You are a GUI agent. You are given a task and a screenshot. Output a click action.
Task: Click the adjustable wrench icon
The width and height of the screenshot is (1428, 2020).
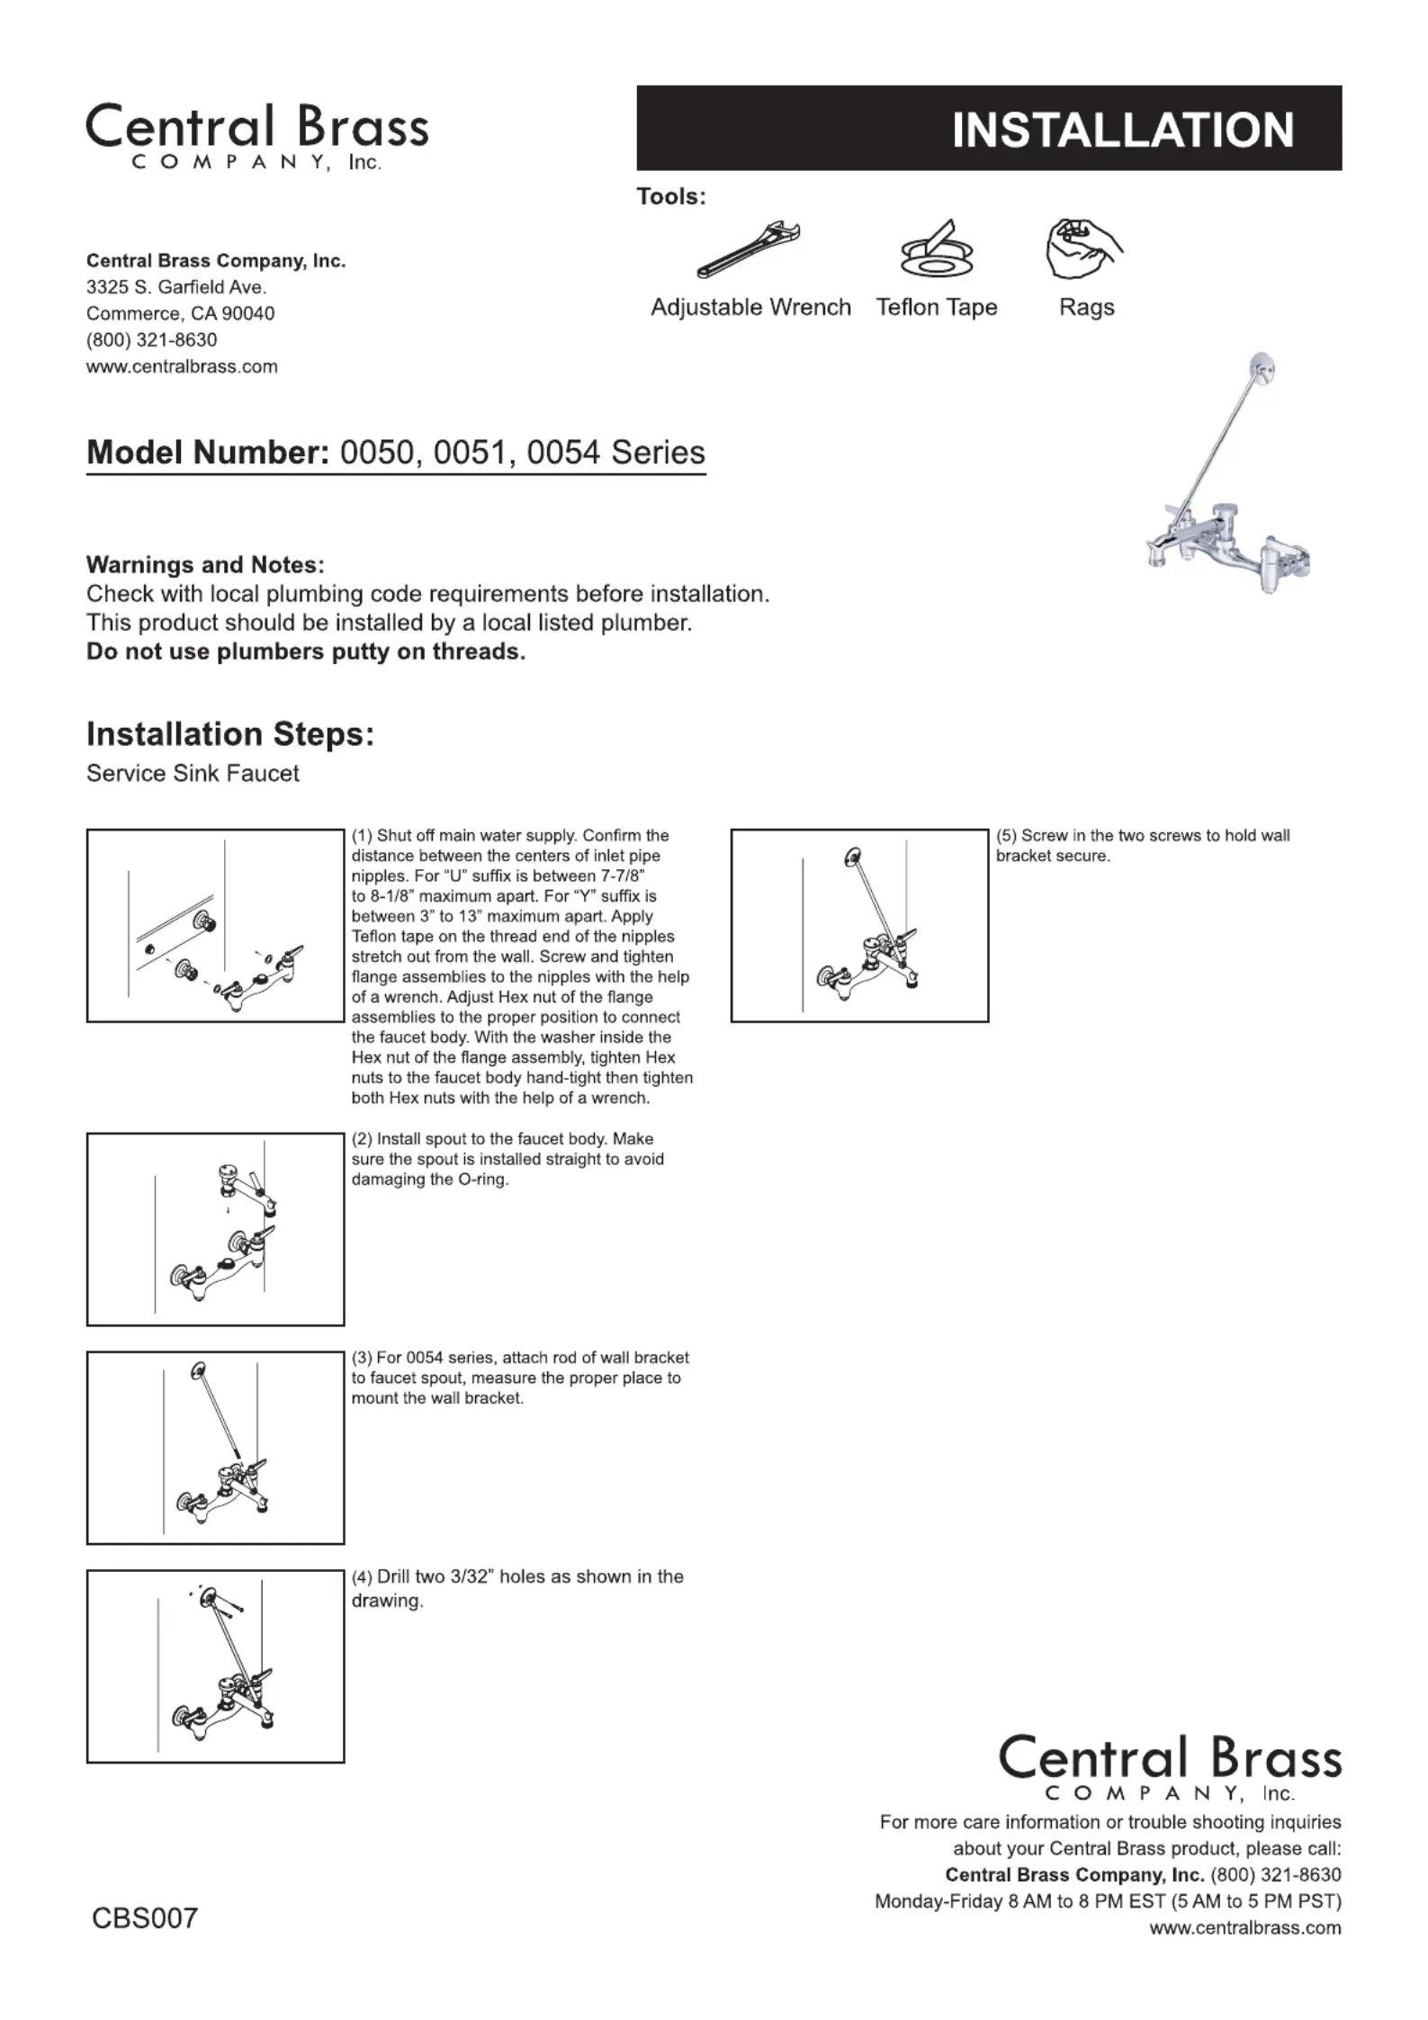pos(749,249)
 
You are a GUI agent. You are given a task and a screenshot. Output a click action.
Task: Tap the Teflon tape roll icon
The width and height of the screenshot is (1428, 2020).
pos(936,249)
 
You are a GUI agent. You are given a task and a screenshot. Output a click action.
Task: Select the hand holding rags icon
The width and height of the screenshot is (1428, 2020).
pos(1082,248)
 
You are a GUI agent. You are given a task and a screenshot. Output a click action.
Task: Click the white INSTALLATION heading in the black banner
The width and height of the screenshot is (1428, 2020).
pos(1122,130)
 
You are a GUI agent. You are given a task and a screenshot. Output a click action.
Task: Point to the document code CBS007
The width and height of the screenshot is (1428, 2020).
pos(144,1917)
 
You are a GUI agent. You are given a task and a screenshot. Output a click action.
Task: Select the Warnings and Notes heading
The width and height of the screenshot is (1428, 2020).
pos(205,565)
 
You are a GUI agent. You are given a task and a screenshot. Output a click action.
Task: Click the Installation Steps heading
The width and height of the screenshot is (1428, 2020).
pos(230,734)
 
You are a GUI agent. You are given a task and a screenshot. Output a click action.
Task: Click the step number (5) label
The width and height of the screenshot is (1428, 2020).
pos(1006,836)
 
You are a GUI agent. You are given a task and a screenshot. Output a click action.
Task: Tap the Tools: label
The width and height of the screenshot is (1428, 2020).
pos(671,196)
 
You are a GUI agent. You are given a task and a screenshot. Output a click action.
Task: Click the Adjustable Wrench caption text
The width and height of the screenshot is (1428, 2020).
pos(750,308)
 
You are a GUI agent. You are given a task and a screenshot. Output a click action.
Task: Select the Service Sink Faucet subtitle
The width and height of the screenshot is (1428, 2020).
pos(193,774)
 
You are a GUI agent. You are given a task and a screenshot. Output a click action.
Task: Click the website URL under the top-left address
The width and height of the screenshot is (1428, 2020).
pos(182,367)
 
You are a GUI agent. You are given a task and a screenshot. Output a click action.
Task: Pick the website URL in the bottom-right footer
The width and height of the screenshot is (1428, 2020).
pos(1244,1927)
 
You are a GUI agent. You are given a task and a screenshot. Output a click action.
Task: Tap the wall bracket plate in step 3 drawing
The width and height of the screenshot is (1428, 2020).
pos(197,1371)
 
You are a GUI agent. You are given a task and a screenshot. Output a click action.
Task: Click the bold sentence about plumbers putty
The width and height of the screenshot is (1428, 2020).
pos(306,651)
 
